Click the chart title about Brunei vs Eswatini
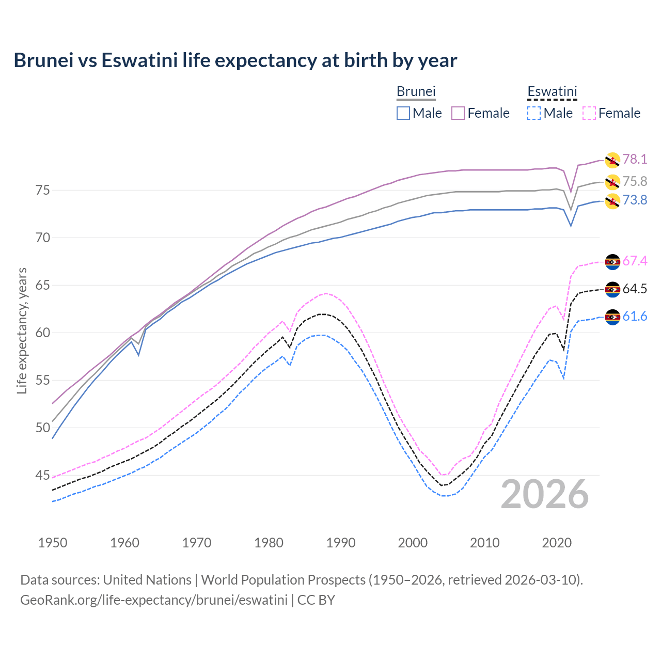[x=235, y=60]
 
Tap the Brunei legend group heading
[x=416, y=92]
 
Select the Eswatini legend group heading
[x=552, y=92]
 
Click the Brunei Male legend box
[x=403, y=113]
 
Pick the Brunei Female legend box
[x=458, y=113]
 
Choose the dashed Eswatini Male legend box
[x=534, y=113]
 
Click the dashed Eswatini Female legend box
[x=589, y=113]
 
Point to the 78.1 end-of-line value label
[x=635, y=159]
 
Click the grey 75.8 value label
[x=635, y=181]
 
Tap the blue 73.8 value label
[x=635, y=200]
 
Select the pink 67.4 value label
[x=635, y=261]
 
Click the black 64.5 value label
[x=635, y=289]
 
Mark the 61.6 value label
[x=635, y=316]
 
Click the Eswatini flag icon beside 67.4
[x=612, y=262]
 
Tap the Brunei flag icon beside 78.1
[x=612, y=160]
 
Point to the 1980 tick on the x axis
[x=269, y=543]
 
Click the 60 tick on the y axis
[x=43, y=333]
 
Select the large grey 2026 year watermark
[x=545, y=494]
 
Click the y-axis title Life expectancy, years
[x=22, y=330]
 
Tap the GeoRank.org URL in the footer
[x=154, y=600]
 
